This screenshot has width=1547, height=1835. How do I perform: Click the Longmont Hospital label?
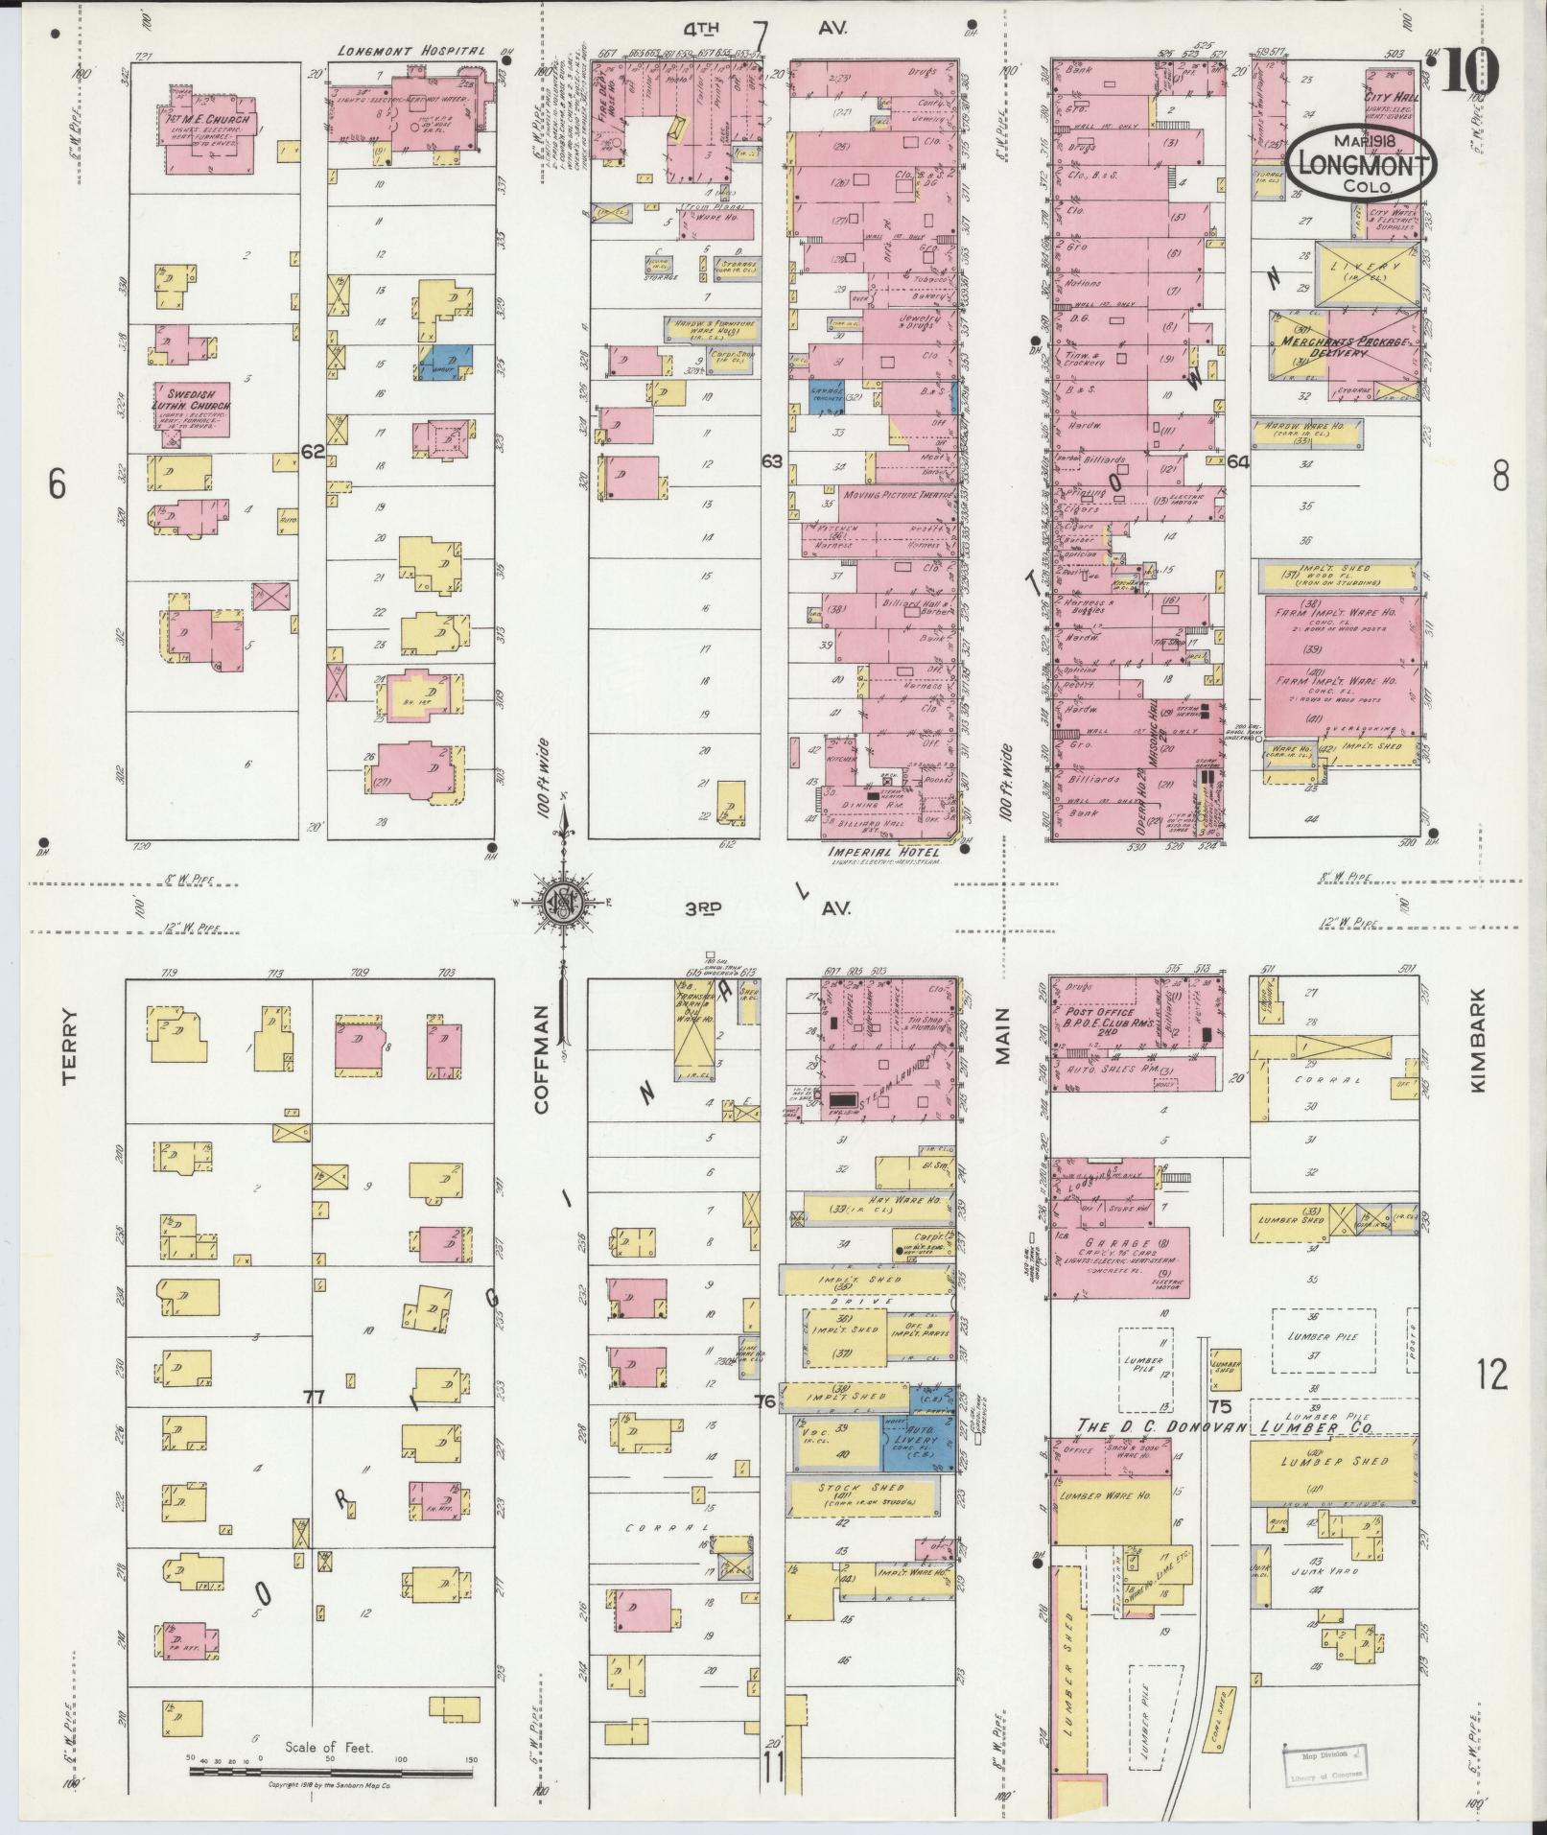tap(412, 51)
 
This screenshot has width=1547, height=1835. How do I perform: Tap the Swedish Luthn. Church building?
tap(191, 408)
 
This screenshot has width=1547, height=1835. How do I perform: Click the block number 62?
tap(312, 451)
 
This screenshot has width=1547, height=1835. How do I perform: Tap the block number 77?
tap(313, 1398)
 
